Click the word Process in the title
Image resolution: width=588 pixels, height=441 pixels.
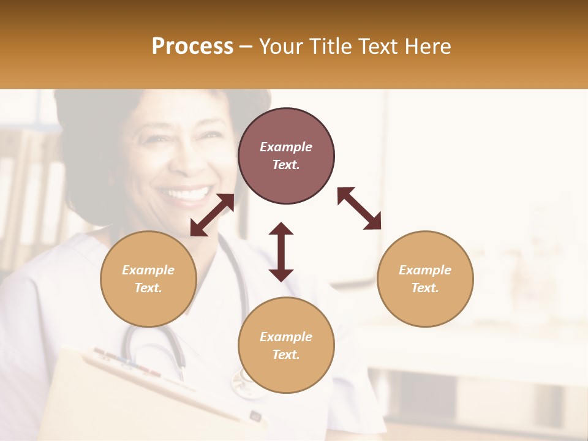point(192,47)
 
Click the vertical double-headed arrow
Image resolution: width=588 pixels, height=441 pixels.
point(281,252)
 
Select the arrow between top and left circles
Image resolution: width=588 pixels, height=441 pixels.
point(212,215)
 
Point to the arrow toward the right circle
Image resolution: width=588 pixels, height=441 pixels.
point(359,209)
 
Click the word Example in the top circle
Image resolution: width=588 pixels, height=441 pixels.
point(286,147)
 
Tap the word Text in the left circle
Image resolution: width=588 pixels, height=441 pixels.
point(148,288)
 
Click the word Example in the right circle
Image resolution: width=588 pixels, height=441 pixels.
point(425,270)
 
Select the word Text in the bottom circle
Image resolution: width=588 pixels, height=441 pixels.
point(286,355)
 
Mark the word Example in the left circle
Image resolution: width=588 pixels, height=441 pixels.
point(148,270)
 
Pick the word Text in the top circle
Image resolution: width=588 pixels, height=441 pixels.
point(286,165)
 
